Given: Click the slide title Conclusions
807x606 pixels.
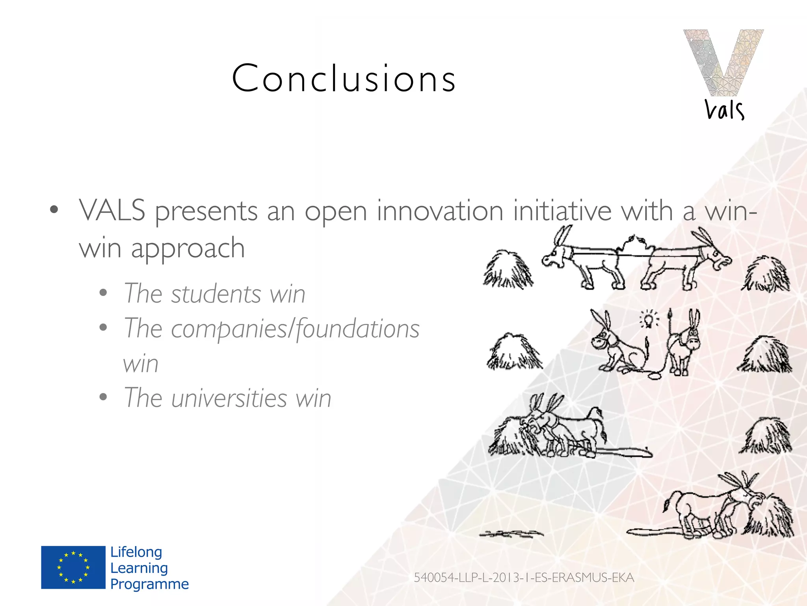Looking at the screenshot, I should click(344, 79).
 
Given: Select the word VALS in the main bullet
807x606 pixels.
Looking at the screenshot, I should click(112, 211).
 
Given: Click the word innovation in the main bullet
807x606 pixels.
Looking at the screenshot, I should click(440, 211).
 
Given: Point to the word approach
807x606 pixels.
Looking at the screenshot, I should click(188, 249).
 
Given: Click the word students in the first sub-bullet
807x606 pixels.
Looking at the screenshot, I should click(216, 294).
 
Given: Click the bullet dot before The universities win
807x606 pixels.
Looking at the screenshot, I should click(103, 397).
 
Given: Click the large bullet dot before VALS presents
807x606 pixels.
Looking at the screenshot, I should click(54, 209).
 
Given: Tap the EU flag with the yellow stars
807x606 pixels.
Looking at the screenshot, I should click(73, 567).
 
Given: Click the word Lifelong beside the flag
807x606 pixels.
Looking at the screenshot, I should click(136, 552).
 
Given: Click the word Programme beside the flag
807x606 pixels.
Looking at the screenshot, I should click(149, 584).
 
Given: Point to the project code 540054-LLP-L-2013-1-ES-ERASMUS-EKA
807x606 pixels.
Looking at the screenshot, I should click(524, 578).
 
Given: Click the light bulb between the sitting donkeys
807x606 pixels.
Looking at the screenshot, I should click(649, 318).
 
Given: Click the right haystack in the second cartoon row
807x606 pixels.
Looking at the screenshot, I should click(764, 355).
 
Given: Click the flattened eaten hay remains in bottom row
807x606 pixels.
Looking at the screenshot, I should click(511, 534).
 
